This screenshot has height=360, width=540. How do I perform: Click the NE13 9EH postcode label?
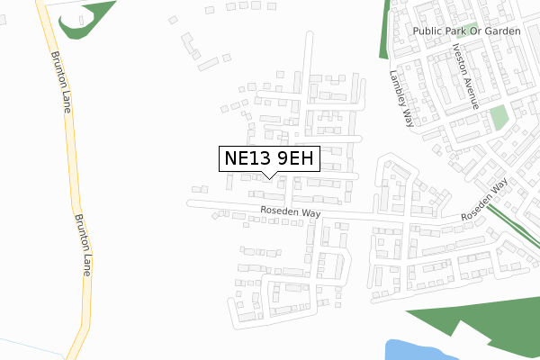[269, 158]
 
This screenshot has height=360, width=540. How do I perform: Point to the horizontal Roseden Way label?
[291, 213]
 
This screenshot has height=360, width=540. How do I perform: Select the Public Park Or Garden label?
[466, 31]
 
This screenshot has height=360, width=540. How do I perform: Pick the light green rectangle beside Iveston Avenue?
[498, 117]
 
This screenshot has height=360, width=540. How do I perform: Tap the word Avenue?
[469, 94]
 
